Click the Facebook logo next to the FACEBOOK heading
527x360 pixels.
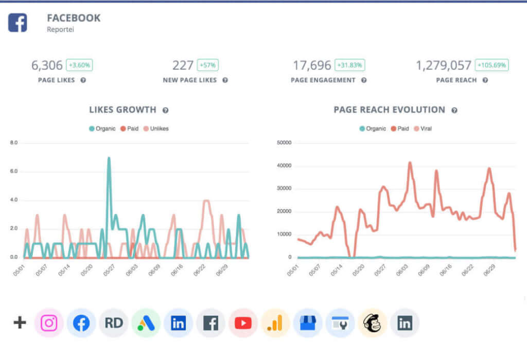(x=17, y=23)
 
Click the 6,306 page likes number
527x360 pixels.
(x=47, y=65)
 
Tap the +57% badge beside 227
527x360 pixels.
(x=208, y=65)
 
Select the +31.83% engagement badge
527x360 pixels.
(x=350, y=65)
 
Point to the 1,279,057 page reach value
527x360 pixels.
(x=444, y=65)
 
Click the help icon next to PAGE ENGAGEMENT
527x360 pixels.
(x=364, y=80)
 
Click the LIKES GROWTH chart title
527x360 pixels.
(x=122, y=110)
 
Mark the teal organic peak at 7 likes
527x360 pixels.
(x=109, y=158)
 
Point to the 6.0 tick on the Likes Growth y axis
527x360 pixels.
(x=14, y=171)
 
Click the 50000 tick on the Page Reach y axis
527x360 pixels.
(x=284, y=143)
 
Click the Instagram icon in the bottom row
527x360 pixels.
(x=49, y=323)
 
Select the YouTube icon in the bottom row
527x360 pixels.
(x=243, y=323)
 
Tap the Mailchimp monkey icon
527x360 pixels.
(x=373, y=323)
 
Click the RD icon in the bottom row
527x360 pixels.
(x=113, y=323)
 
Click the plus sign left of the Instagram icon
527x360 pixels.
(x=20, y=323)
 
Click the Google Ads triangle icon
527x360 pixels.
(x=146, y=323)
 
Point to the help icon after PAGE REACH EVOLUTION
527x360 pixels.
(x=454, y=110)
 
